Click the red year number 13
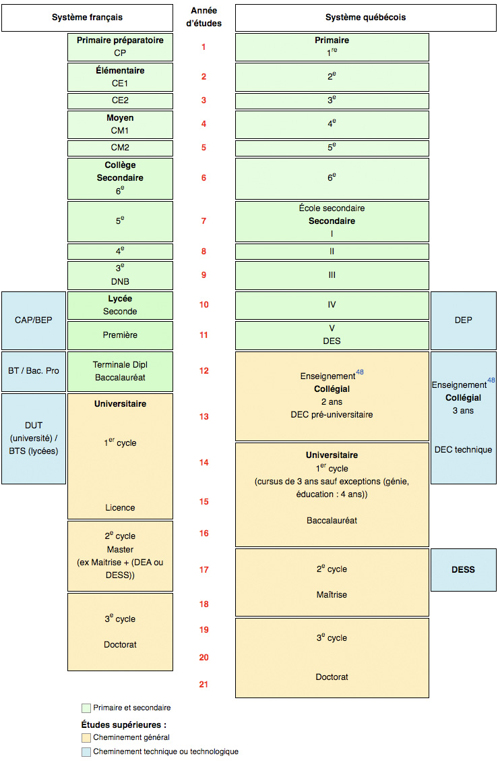[204, 416]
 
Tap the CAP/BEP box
[33, 320]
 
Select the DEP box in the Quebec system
[463, 320]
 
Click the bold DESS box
[463, 570]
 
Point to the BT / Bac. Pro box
[33, 371]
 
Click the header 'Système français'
[87, 18]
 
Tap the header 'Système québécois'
[366, 18]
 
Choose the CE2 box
[120, 101]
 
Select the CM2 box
[120, 148]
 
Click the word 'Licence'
[120, 507]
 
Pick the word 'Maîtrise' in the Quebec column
[332, 594]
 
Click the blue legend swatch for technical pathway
[86, 752]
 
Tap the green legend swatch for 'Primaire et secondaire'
[86, 708]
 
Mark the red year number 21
[204, 684]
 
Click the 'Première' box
[120, 335]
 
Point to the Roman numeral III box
[332, 275]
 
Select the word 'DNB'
[120, 281]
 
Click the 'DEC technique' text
[463, 450]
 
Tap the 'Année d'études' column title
[204, 17]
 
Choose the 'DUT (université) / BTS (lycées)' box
[33, 438]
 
